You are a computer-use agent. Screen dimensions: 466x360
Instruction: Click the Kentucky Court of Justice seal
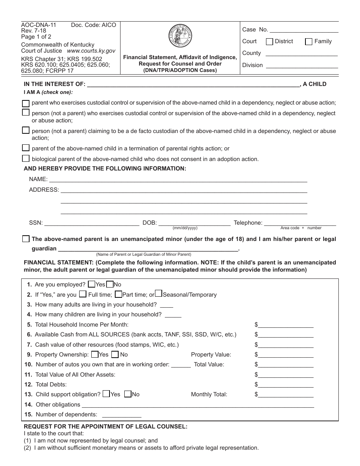coord(180,37)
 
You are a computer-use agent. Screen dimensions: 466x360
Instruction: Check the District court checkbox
coord(269,42)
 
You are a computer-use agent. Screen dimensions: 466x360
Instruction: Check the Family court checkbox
coord(309,42)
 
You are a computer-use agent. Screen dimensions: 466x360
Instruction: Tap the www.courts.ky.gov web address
coord(91,51)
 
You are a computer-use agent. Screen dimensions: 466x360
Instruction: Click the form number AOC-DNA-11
coord(39,25)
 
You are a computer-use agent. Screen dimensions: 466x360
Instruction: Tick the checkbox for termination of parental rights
coord(26,148)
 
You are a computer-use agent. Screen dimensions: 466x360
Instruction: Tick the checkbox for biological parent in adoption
coord(26,158)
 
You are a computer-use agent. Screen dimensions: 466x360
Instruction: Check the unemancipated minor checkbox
coord(26,239)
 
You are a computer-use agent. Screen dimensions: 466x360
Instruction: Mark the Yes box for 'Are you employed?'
coord(91,284)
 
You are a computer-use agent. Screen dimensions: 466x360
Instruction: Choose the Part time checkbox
coord(118,294)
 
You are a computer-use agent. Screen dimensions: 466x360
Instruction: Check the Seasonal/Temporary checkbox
coord(159,294)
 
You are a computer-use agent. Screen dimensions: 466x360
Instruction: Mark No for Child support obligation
coord(128,394)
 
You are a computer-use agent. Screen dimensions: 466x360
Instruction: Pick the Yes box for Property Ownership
coord(95,355)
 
